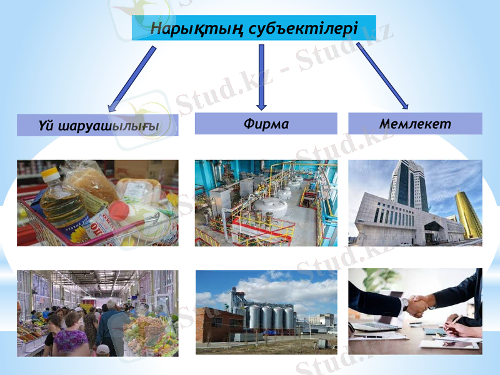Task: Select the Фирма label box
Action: (266, 124)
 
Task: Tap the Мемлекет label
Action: (415, 124)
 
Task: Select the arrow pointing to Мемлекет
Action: (382, 75)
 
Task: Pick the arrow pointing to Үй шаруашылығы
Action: (132, 79)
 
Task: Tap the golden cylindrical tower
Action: (467, 212)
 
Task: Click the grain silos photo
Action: (266, 312)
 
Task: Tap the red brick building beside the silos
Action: (218, 324)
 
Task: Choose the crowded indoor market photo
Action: (97, 312)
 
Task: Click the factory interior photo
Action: (266, 202)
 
